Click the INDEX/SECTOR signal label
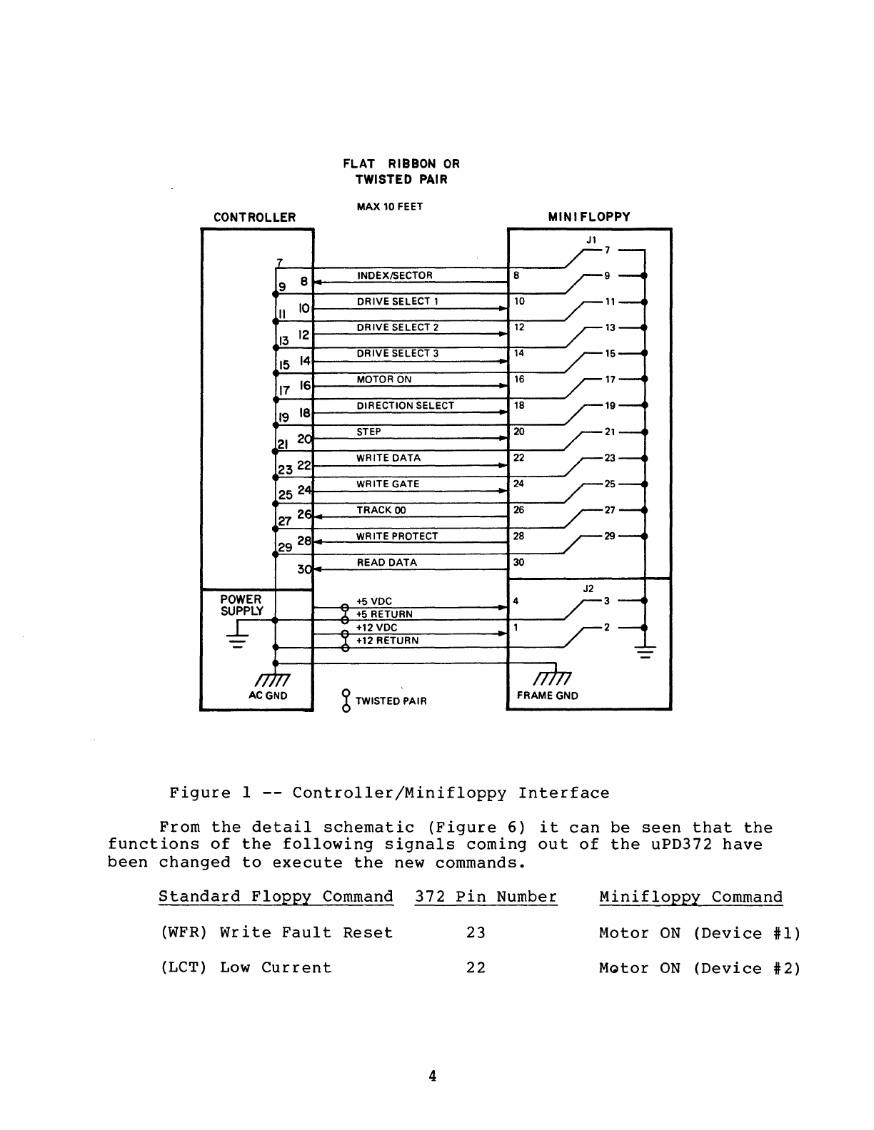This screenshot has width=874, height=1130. pyautogui.click(x=394, y=276)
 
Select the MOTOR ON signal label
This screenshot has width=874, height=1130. pyautogui.click(x=384, y=380)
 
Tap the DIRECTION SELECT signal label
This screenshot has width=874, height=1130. pyautogui.click(x=405, y=406)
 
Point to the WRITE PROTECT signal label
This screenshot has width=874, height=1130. pyautogui.click(x=397, y=536)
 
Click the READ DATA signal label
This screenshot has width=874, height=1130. pyautogui.click(x=386, y=563)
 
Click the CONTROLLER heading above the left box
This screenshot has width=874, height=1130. pyautogui.click(x=254, y=218)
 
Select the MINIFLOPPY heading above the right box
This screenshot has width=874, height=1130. pyautogui.click(x=589, y=217)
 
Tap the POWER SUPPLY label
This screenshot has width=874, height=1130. pyautogui.click(x=241, y=605)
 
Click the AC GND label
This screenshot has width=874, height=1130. pyautogui.click(x=268, y=696)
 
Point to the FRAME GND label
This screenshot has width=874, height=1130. pyautogui.click(x=547, y=696)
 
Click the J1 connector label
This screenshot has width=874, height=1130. pyautogui.click(x=591, y=240)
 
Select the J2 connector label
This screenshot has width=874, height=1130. pyautogui.click(x=588, y=589)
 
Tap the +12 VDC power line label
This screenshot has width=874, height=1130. pyautogui.click(x=376, y=628)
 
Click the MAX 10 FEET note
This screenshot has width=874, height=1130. pyautogui.click(x=389, y=207)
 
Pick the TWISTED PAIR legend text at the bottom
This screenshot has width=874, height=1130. pyautogui.click(x=391, y=701)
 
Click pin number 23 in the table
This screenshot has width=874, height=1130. pyautogui.click(x=476, y=933)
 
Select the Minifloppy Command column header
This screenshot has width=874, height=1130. pyautogui.click(x=690, y=897)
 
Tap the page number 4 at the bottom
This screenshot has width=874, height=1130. pyautogui.click(x=433, y=1076)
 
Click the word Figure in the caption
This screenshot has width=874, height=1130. pyautogui.click(x=200, y=793)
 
